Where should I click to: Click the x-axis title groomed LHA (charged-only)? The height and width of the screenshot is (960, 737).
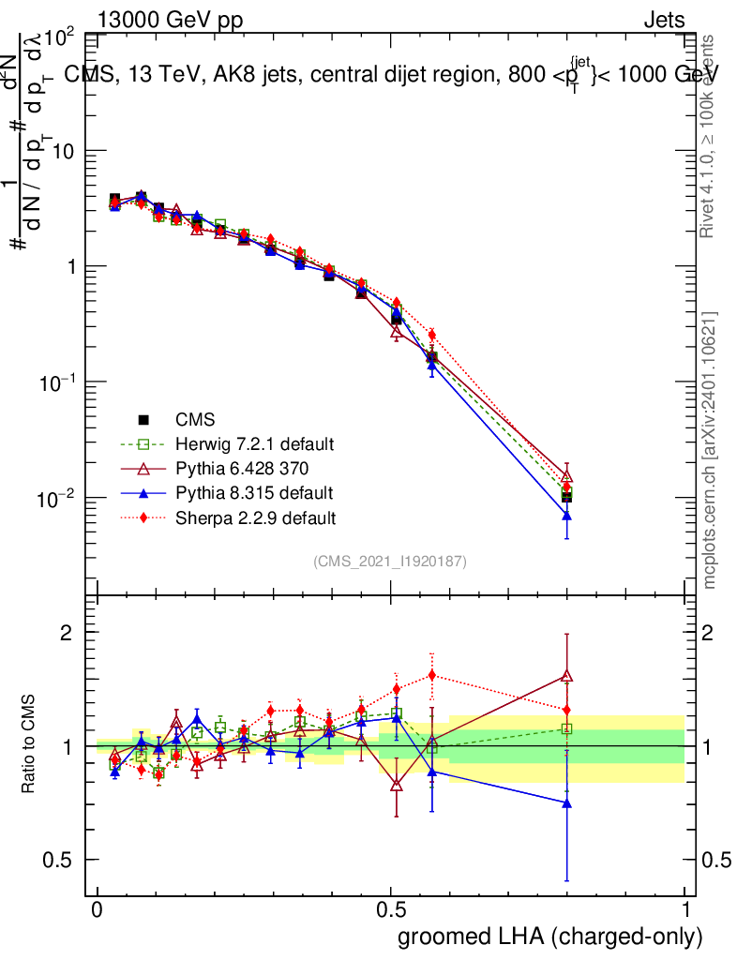[551, 936]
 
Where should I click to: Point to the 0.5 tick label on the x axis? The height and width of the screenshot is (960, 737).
[391, 910]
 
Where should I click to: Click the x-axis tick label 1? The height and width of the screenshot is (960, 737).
[685, 910]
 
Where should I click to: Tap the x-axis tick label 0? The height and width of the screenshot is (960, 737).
[98, 910]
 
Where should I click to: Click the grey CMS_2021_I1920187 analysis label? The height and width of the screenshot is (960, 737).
[390, 561]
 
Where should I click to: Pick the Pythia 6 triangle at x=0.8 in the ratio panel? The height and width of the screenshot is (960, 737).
[566, 675]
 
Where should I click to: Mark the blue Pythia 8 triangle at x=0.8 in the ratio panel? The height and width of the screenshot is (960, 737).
[566, 803]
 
